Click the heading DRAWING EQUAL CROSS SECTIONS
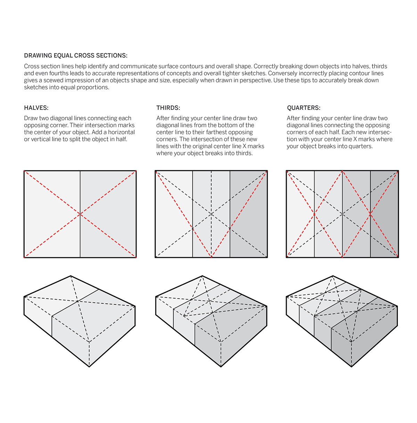(x=75, y=56)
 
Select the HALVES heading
(x=36, y=108)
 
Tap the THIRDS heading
(x=168, y=108)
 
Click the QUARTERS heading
(x=303, y=108)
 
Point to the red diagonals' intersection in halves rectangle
(x=80, y=214)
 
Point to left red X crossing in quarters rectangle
(x=314, y=214)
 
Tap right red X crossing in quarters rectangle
(x=370, y=214)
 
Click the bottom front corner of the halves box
(x=89, y=366)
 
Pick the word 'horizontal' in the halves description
(x=121, y=132)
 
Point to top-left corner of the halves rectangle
(x=24, y=171)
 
